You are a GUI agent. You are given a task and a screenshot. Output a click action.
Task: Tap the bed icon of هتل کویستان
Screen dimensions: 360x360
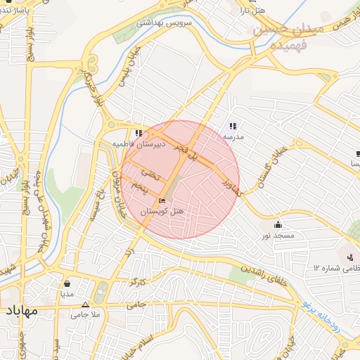162,201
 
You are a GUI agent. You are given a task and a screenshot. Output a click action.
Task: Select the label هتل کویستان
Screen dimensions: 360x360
162,211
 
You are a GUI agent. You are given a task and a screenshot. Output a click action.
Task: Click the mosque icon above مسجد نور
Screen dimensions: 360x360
278,224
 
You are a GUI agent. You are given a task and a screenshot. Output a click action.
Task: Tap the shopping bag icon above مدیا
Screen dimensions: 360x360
67,284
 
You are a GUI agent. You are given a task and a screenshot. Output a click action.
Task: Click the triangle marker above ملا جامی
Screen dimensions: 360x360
86,305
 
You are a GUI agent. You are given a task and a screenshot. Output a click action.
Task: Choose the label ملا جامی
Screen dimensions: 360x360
86,315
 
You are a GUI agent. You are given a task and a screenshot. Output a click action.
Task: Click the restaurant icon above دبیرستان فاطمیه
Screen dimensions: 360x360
139,133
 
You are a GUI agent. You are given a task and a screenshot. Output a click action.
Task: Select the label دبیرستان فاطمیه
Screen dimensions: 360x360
139,143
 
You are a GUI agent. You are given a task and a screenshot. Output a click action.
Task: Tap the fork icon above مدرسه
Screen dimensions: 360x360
233,126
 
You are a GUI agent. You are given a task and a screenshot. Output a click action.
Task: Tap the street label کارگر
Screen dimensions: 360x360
137,283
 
